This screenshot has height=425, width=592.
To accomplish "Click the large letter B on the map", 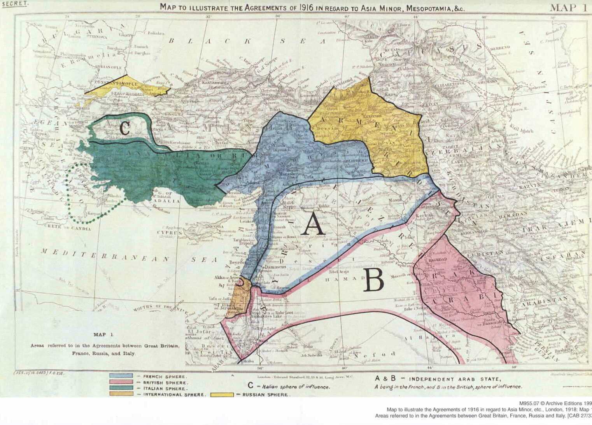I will [x=374, y=281].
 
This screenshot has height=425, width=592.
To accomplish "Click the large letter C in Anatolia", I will [x=124, y=128].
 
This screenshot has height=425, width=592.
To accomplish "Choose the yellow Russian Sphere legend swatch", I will [x=222, y=395].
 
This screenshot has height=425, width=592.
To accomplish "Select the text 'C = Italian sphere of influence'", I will [x=289, y=387].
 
